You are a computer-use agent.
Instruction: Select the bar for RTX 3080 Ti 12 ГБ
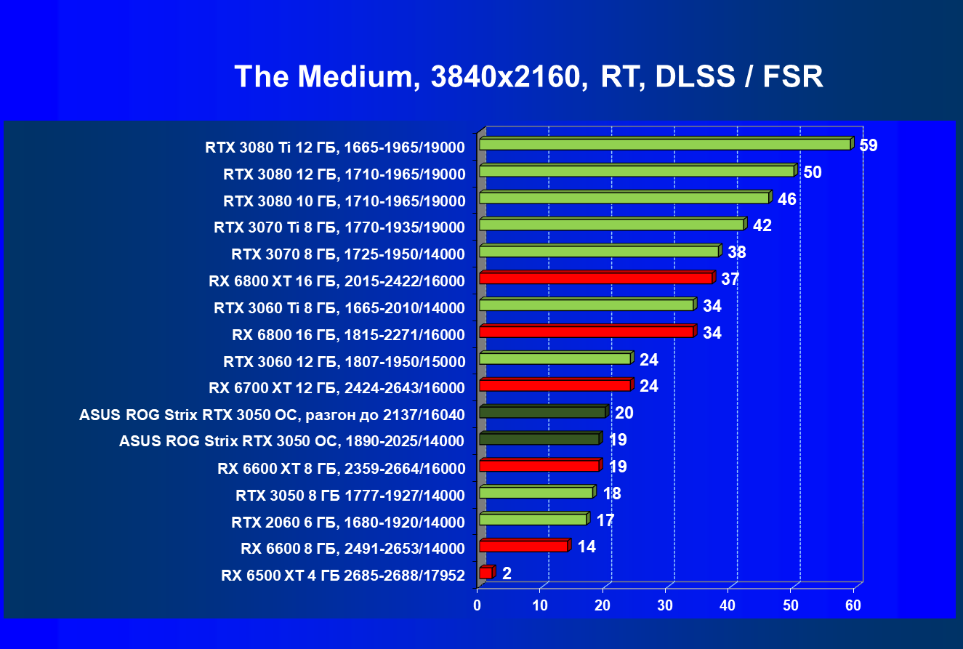[x=664, y=145]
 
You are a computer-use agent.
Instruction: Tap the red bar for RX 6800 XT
[x=595, y=278]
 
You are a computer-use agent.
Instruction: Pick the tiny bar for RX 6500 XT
[x=485, y=573]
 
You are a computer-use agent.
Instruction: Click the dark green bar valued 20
[x=542, y=412]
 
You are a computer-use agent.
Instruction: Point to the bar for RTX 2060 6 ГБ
[x=533, y=520]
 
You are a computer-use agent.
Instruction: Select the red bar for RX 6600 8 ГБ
[x=523, y=546]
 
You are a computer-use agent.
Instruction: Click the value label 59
[x=868, y=145]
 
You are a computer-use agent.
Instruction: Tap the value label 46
[x=787, y=199]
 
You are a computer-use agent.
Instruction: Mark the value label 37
[x=730, y=279]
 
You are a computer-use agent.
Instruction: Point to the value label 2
[x=507, y=573]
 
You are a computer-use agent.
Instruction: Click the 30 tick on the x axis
[x=665, y=605]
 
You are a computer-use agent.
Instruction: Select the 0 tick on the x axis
[x=477, y=605]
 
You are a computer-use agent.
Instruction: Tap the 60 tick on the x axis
[x=853, y=605]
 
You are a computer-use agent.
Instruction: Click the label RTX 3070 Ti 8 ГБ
[x=339, y=227]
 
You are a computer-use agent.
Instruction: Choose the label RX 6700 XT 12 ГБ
[x=337, y=387]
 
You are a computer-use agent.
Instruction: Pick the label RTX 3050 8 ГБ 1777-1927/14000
[x=350, y=496]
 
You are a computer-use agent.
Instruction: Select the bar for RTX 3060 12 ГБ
[x=555, y=358]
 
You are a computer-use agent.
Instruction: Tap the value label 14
[x=587, y=547]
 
